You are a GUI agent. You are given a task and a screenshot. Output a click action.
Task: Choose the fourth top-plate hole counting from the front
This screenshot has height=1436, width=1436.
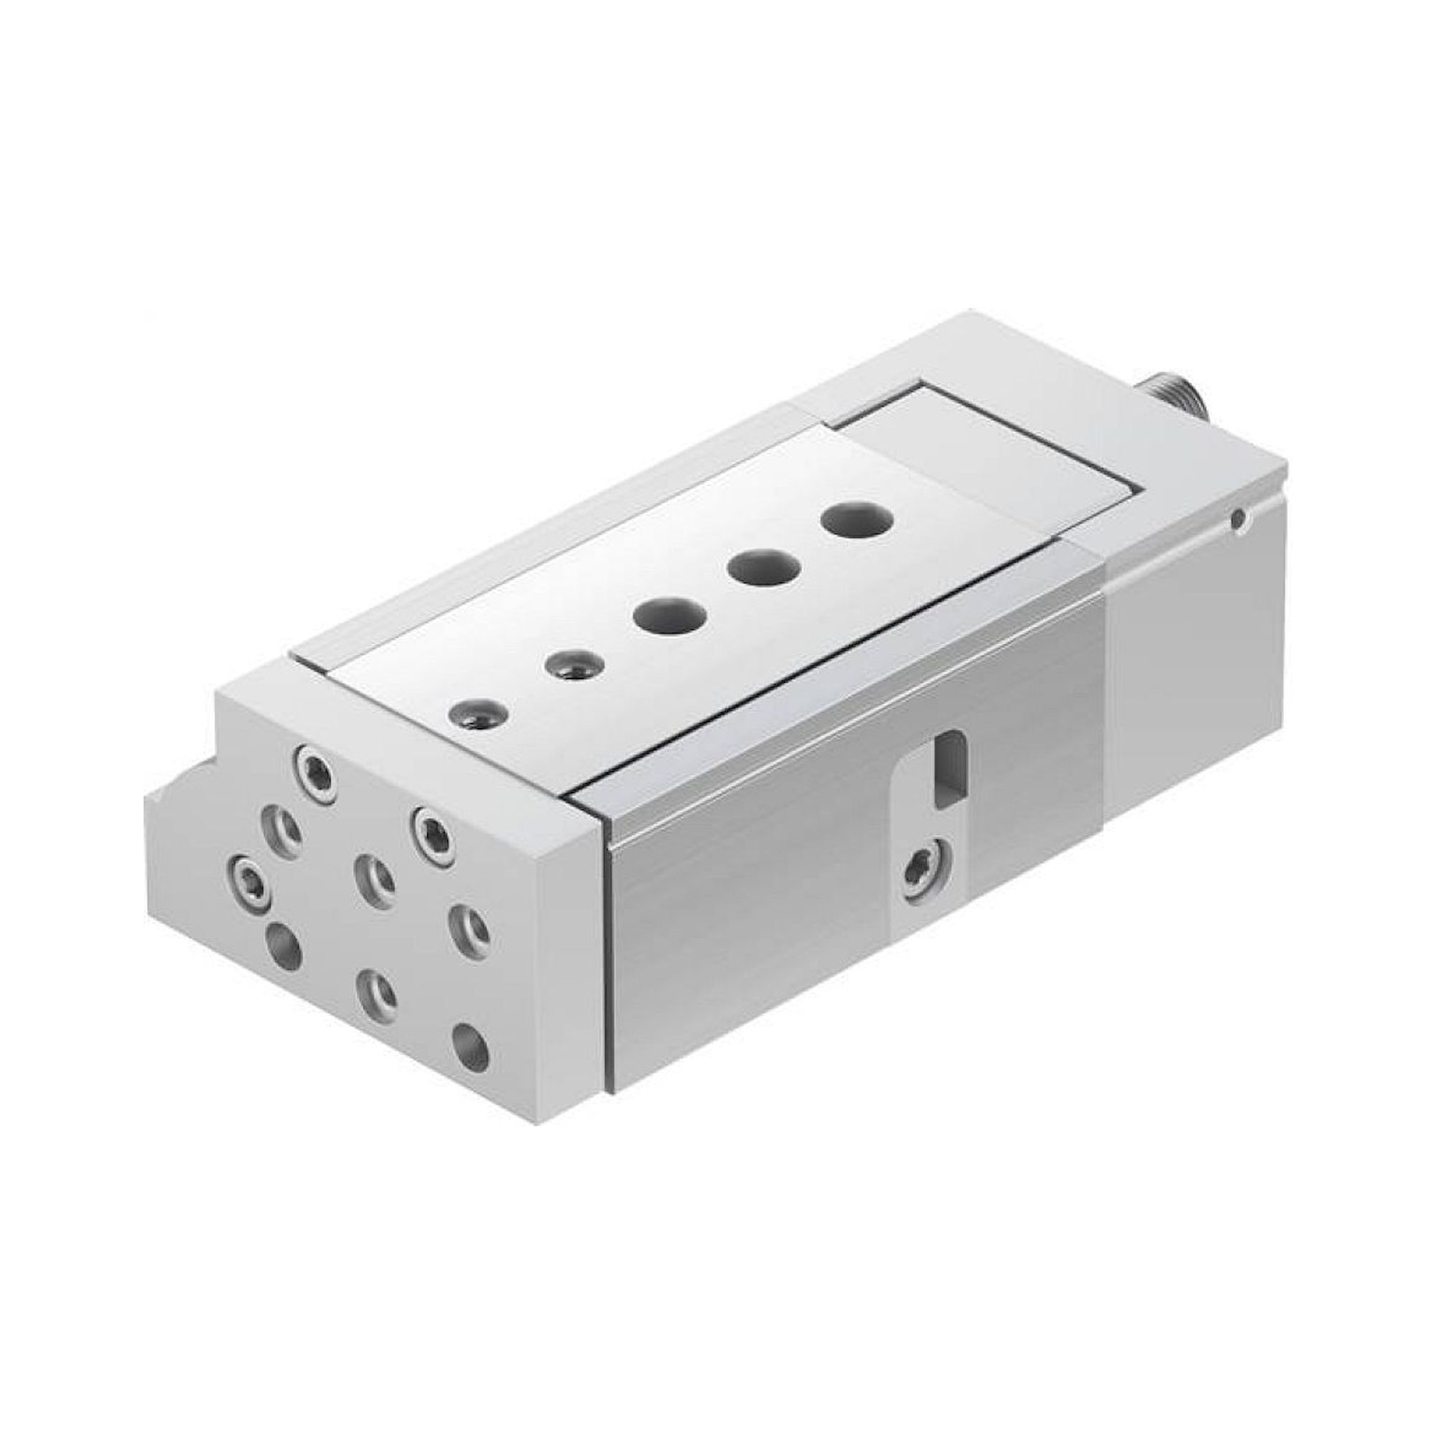(x=763, y=567)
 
